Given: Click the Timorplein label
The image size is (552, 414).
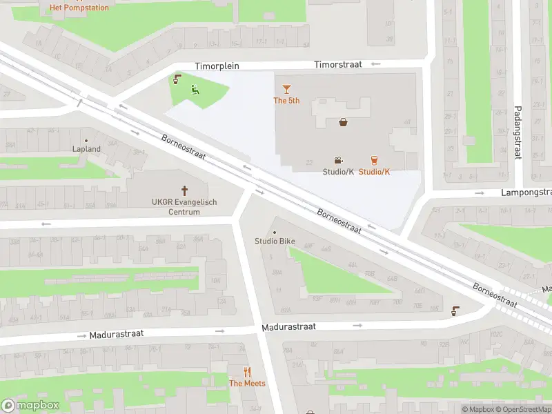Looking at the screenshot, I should pos(216,66).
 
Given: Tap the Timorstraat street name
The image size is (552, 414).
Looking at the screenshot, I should pos(337,64).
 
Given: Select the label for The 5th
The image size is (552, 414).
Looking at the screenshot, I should pos(286,101).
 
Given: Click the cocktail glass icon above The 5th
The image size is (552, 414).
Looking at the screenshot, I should pos(287,89).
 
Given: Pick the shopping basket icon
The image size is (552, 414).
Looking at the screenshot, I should pos(343,123).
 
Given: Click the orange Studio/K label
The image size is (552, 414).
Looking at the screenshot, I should pos(374,172).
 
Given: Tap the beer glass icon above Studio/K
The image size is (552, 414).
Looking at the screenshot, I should pos(374,160).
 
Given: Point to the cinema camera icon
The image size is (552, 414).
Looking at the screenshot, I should pos(338,160).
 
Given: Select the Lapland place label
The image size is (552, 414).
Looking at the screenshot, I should pos(87,148).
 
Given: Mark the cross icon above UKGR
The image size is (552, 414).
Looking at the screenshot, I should pos(185,190).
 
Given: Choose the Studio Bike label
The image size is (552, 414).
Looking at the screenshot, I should pos(275,241).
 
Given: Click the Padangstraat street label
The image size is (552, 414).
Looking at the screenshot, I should pos(517,132).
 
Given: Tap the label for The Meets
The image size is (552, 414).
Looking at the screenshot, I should pos(247,384).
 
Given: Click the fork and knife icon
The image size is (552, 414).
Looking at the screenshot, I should pos(247,372).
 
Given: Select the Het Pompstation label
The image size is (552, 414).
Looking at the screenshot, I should pos(79,8).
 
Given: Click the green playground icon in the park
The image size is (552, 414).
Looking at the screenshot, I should pos(195,89).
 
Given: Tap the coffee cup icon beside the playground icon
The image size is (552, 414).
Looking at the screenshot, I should pos(177,79).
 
